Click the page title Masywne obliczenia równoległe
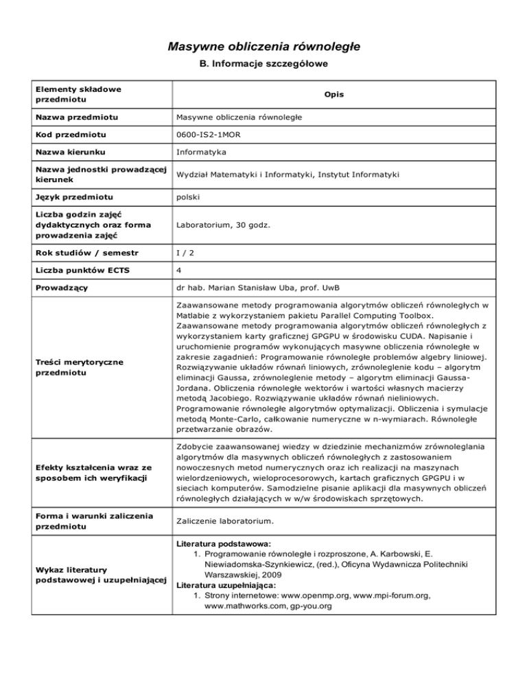[263, 47]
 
